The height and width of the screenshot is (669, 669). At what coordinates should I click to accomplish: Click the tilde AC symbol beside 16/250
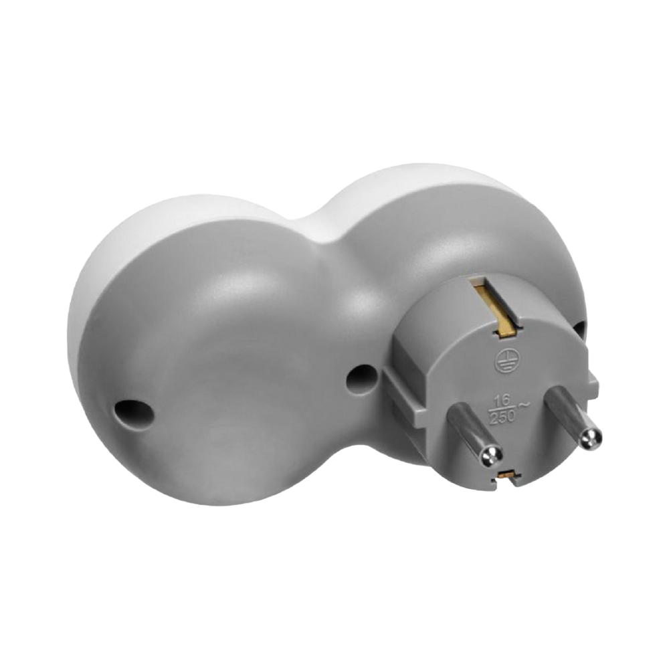pyautogui.click(x=523, y=405)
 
